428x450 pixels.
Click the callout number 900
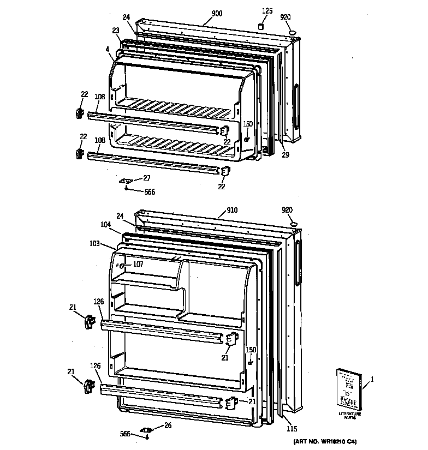(x=217, y=14)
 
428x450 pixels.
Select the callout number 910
(x=232, y=209)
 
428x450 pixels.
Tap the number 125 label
(x=267, y=11)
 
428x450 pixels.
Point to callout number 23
(x=116, y=31)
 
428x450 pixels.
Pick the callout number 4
(x=108, y=49)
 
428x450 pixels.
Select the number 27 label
(x=146, y=178)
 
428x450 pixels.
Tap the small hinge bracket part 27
(x=127, y=181)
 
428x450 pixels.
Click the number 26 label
(x=168, y=426)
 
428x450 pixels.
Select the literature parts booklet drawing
(x=347, y=389)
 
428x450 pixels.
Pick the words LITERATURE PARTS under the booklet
(x=350, y=416)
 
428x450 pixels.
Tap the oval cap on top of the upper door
(x=294, y=33)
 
